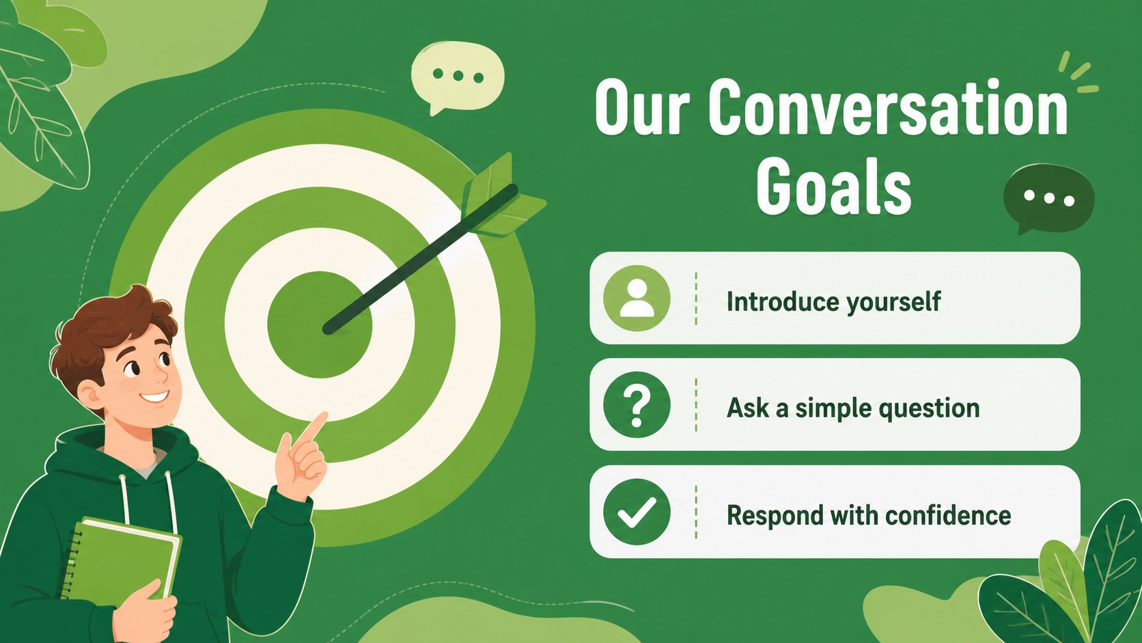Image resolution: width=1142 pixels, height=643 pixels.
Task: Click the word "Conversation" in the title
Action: [x=888, y=107]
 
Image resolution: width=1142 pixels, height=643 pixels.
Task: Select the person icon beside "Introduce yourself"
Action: [x=637, y=299]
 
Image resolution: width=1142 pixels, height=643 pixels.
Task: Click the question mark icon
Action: [x=637, y=405]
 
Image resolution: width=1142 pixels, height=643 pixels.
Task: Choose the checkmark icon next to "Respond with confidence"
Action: [x=637, y=512]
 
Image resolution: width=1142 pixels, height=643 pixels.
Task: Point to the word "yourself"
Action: [x=893, y=303]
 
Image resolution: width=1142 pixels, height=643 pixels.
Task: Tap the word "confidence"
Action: [x=948, y=515]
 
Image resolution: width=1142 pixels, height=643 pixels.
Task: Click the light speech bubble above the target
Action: [x=458, y=77]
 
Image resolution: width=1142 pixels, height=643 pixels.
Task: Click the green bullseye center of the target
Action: [x=320, y=325]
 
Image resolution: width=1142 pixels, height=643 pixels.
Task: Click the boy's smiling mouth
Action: [x=154, y=396]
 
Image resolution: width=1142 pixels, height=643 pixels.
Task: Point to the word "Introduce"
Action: [x=783, y=301]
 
